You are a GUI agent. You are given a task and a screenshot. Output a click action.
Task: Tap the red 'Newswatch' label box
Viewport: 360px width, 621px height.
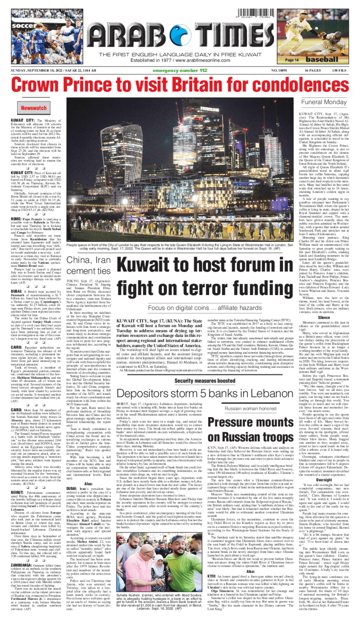pos(34,109)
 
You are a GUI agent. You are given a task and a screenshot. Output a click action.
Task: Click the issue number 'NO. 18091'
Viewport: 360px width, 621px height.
pos(280,71)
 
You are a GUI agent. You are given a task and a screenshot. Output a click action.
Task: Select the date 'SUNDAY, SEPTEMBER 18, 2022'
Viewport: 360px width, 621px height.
pos(38,71)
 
